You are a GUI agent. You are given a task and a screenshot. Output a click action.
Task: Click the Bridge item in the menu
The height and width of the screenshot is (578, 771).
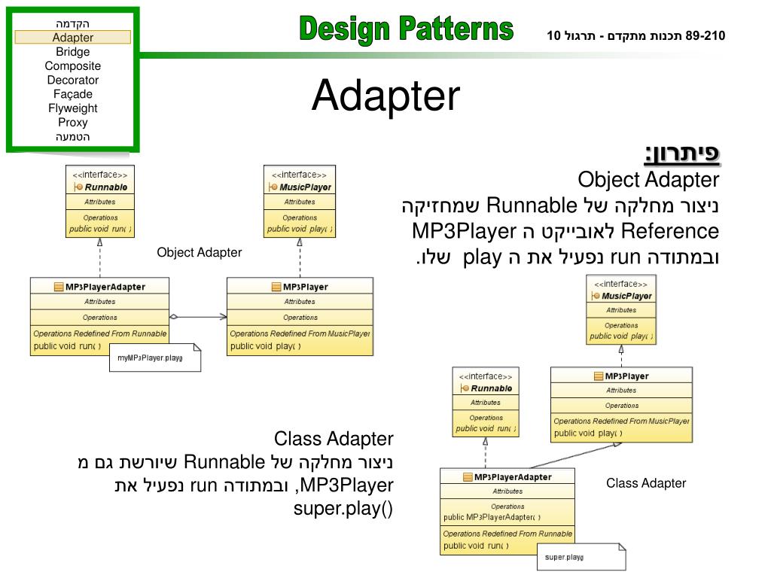72,52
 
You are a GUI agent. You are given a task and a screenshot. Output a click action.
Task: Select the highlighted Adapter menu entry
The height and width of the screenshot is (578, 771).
73,38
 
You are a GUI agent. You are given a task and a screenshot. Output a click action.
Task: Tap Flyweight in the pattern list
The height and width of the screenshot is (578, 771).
72,108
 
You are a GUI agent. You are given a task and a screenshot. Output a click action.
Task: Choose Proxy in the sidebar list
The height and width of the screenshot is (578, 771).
72,123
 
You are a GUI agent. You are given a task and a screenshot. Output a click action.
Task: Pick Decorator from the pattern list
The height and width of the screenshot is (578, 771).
72,80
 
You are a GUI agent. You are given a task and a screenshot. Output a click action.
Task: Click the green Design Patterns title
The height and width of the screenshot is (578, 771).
406,30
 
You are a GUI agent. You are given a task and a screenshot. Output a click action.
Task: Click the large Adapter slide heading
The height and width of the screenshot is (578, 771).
385,96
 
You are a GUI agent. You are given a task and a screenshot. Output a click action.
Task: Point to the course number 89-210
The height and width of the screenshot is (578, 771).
705,35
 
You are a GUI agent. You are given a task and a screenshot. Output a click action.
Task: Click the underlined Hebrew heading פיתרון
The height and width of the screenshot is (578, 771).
682,154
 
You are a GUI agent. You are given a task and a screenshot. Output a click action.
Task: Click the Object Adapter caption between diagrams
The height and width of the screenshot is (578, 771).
200,253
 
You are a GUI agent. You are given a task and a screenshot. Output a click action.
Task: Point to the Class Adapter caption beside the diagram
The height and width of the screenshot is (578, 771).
646,483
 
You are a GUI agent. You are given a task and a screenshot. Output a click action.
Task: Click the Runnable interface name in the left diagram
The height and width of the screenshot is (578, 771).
105,187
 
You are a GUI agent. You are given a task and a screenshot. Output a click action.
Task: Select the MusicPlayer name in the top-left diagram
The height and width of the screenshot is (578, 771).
304,187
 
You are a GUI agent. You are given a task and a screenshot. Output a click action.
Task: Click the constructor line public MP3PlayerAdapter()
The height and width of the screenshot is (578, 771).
492,517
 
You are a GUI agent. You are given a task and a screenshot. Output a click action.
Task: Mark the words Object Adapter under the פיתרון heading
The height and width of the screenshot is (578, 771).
648,181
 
